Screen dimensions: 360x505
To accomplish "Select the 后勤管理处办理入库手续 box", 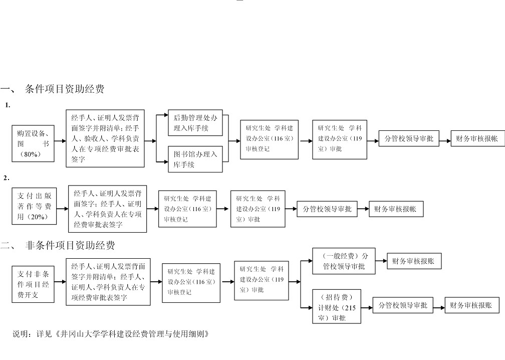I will click(x=195, y=123).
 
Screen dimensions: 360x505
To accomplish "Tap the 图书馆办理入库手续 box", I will click(x=195, y=159).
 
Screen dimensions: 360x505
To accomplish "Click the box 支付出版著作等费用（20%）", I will click(x=35, y=206).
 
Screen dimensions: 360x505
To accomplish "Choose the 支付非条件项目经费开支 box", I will click(x=34, y=284).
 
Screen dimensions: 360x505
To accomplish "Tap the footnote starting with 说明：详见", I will click(x=110, y=334).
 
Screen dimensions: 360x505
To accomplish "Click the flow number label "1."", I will click(x=8, y=105).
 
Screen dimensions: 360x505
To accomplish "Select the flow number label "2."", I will click(x=7, y=177).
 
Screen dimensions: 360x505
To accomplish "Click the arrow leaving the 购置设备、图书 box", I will click(x=60, y=141).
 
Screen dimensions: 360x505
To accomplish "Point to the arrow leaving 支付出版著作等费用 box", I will click(x=62, y=209).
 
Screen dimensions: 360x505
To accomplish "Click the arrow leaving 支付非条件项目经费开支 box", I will click(x=60, y=282).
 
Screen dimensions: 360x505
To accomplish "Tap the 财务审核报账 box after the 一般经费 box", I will click(x=414, y=261).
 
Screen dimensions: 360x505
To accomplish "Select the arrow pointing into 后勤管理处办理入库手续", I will click(x=162, y=116).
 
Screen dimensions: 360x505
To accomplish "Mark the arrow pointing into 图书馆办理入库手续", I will click(x=162, y=161).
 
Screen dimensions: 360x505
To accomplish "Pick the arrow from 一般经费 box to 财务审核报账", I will click(x=380, y=261).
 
